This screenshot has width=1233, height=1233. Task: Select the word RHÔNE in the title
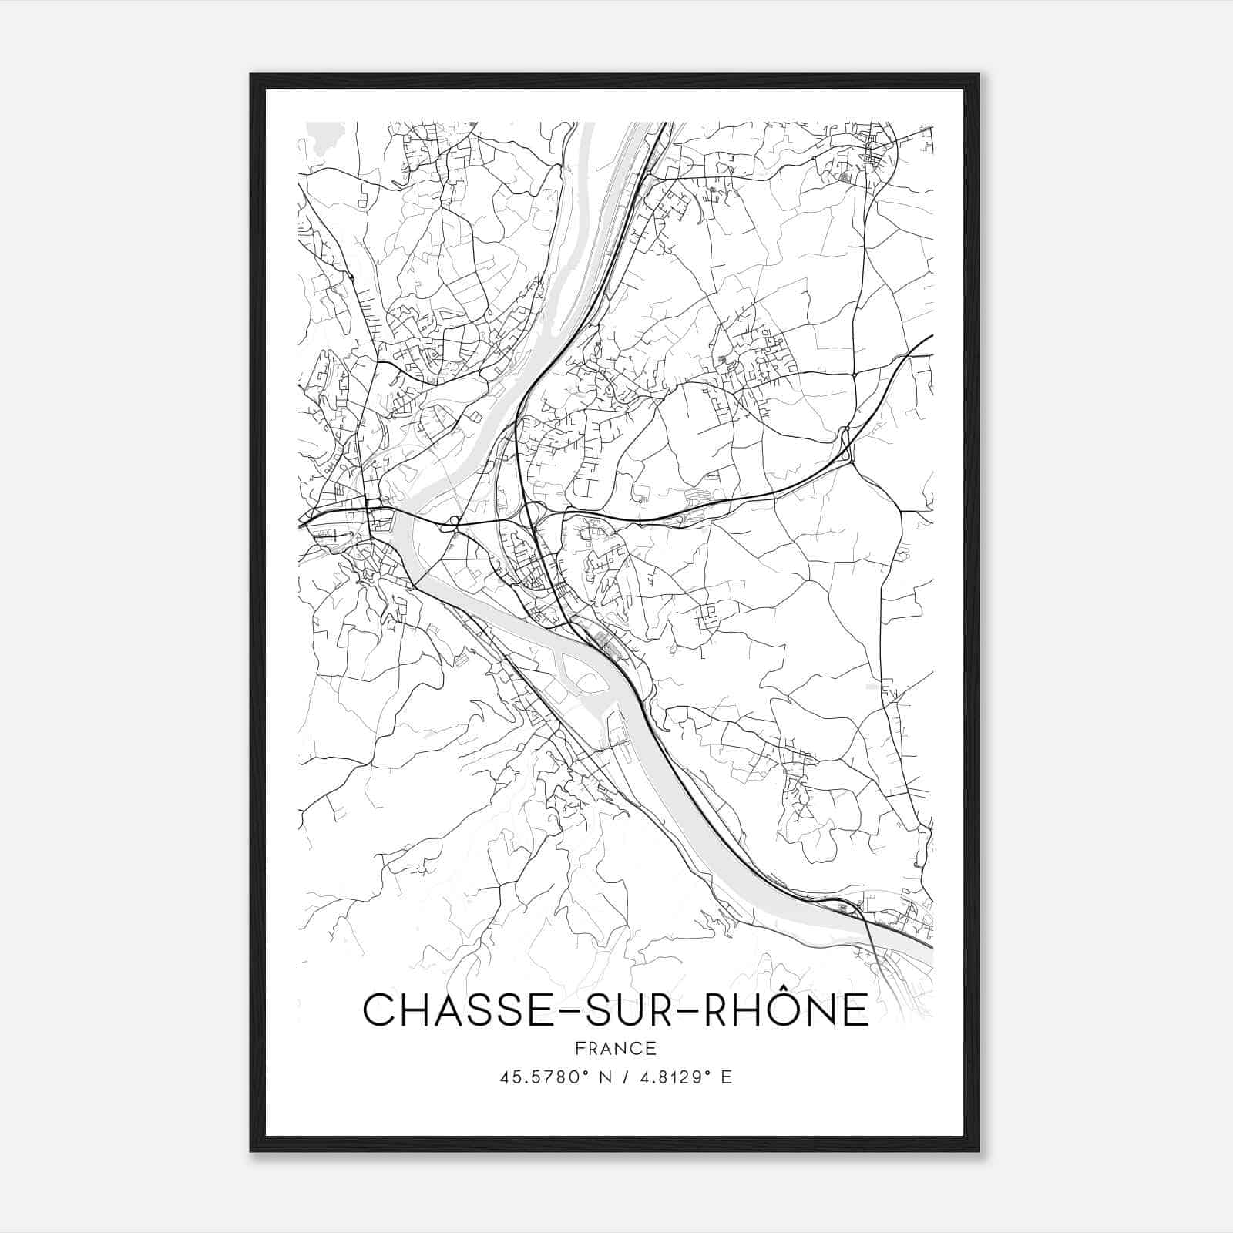pyautogui.click(x=783, y=1010)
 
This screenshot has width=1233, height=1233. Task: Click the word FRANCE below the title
pyautogui.click(x=616, y=1049)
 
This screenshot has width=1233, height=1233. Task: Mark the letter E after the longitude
pyautogui.click(x=725, y=1077)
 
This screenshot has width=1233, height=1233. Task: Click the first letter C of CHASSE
pyautogui.click(x=378, y=1010)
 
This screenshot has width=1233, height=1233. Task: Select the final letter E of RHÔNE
pyautogui.click(x=855, y=1010)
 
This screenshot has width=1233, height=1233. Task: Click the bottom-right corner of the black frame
pyautogui.click(x=978, y=1150)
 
